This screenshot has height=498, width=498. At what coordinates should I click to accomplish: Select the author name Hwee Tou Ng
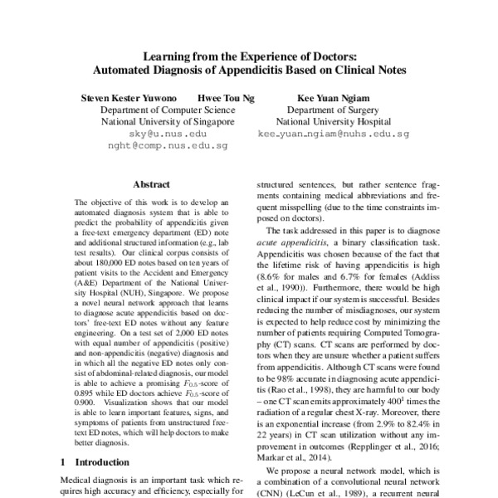[x=225, y=97]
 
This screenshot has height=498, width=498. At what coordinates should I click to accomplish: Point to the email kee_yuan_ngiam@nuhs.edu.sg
[x=333, y=133]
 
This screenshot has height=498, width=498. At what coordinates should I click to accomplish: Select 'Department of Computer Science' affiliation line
[x=168, y=109]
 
